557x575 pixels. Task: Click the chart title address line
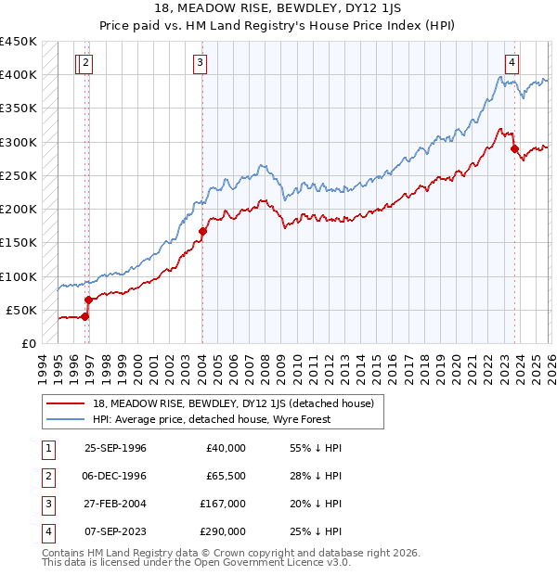tap(278, 8)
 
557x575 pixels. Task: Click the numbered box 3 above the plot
tap(201, 63)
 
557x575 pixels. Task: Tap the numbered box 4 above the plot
tap(512, 63)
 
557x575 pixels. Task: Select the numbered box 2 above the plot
tap(86, 63)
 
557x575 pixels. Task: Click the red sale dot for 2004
tap(202, 231)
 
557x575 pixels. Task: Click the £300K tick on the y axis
tap(18, 142)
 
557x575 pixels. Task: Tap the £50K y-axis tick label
tap(21, 310)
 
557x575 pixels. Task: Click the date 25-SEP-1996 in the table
tap(115, 448)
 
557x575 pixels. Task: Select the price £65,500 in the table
tap(226, 476)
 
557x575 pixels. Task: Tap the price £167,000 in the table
tap(224, 504)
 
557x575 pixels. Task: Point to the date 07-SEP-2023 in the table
tap(115, 531)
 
